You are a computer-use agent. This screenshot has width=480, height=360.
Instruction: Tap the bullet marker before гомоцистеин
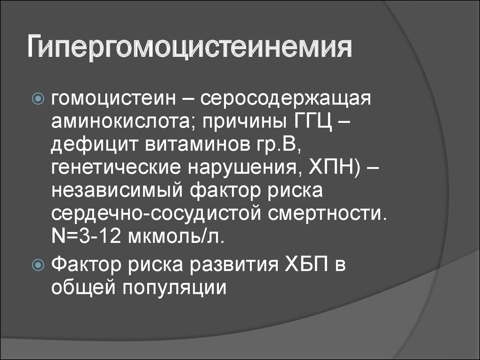(38, 98)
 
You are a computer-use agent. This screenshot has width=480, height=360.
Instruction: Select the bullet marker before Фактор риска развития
(38, 265)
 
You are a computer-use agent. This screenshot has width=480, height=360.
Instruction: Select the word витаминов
(197, 145)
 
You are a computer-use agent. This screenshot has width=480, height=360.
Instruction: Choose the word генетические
(116, 168)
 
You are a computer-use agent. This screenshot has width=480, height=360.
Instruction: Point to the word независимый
(117, 190)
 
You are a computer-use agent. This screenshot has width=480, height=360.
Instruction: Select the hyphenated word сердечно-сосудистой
(156, 214)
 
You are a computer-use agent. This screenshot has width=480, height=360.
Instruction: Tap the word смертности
(327, 214)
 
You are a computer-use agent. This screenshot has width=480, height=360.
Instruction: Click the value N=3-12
(86, 236)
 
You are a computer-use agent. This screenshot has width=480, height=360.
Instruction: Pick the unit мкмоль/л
(176, 236)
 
